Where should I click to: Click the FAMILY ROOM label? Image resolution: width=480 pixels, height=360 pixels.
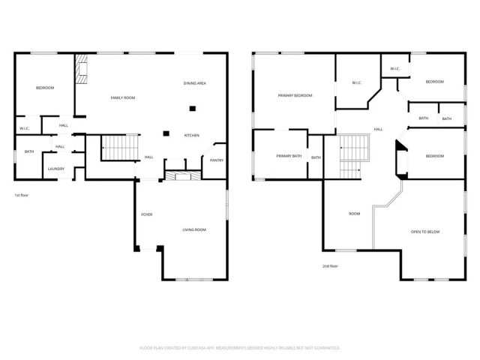click(123, 98)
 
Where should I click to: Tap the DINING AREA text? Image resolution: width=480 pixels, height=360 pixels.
click(195, 82)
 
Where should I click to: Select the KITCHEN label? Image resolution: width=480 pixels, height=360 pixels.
click(192, 135)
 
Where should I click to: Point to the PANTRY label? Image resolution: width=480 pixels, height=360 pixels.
click(217, 160)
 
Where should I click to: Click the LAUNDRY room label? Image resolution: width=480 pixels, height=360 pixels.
click(56, 169)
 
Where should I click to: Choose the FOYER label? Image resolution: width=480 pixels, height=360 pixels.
click(147, 214)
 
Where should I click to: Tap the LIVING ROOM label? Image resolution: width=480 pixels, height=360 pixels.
click(194, 229)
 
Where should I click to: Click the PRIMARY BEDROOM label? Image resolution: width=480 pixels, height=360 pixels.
click(295, 95)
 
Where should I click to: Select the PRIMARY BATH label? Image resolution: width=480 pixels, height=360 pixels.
click(288, 156)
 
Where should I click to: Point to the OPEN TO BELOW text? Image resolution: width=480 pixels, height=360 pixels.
click(425, 232)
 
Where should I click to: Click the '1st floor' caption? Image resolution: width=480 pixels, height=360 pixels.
click(22, 195)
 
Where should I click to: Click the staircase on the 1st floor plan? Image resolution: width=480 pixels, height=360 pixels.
click(121, 148)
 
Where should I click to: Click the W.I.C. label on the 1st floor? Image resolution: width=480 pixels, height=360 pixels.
click(24, 129)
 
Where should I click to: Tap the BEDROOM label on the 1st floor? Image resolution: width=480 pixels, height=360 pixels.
click(45, 88)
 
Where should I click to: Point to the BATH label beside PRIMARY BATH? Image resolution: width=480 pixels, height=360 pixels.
click(316, 157)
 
